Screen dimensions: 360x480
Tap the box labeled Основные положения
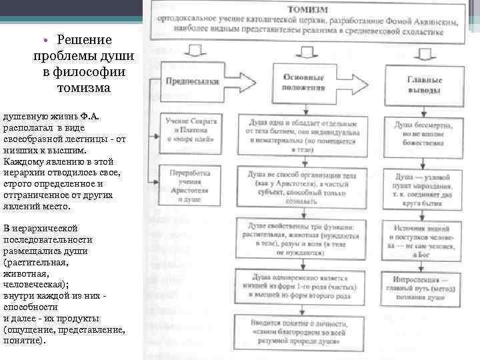coord(304,84)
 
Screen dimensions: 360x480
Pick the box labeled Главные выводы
coord(423,84)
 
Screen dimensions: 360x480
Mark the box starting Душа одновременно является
coord(304,285)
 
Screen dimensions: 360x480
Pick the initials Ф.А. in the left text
coord(91,117)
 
